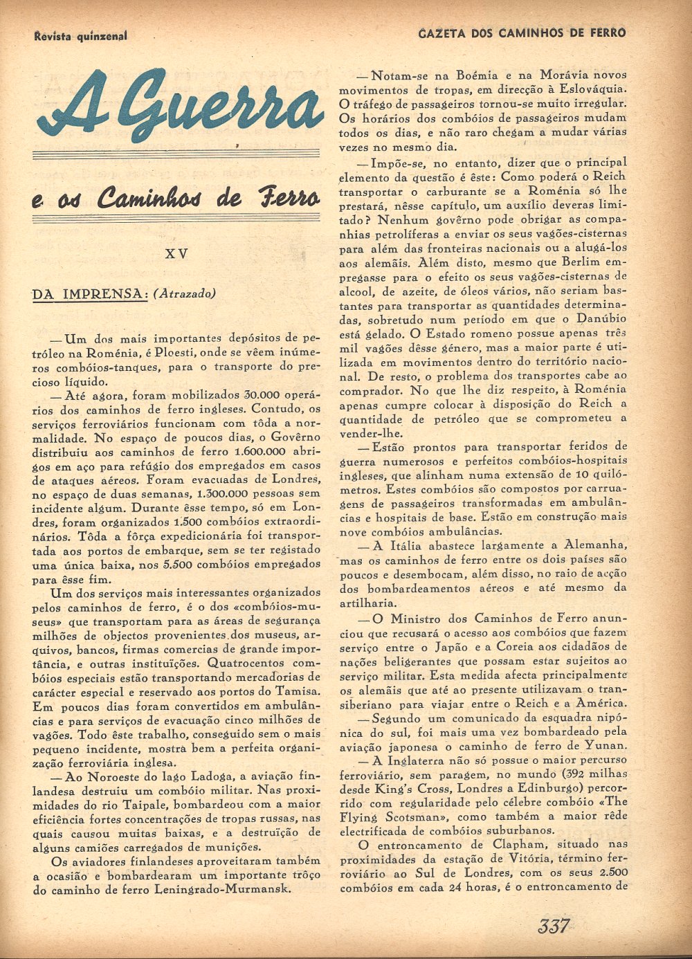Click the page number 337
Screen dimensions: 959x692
tap(552, 925)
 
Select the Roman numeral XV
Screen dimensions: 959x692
tap(177, 254)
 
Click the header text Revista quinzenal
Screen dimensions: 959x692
tap(80, 36)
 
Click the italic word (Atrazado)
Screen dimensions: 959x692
tap(185, 293)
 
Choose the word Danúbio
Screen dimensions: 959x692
tap(602, 319)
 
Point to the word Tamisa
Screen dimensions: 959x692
tap(299, 692)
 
